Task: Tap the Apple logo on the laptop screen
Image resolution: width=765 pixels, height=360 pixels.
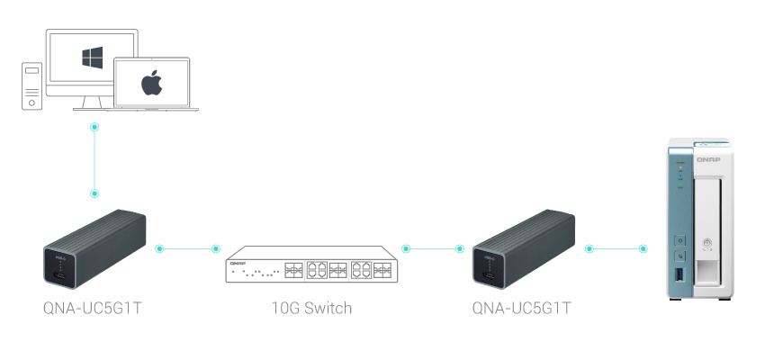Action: coord(152,84)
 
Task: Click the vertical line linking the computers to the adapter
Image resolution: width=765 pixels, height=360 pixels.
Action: coord(94,160)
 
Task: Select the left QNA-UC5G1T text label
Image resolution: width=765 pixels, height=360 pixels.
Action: coord(94,309)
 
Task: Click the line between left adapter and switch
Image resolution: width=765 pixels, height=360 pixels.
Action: coord(187,247)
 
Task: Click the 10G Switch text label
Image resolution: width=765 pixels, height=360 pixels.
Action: coord(311,309)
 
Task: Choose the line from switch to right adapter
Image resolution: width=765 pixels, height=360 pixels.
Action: coord(433,247)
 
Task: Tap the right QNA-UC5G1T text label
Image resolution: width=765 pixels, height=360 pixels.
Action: coord(522,309)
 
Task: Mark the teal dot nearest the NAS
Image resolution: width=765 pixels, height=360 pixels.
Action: coord(643,247)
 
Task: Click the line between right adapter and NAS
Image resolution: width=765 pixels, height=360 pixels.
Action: coord(616,247)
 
